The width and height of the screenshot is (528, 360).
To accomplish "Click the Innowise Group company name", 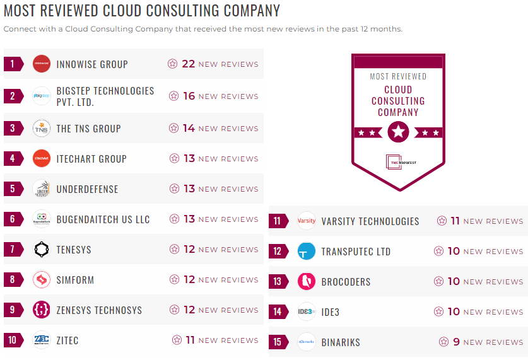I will pyautogui.click(x=92, y=64).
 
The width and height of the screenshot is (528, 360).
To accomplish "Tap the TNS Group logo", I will pyautogui.click(x=42, y=128).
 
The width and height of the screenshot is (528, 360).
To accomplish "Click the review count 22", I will pyautogui.click(x=188, y=64).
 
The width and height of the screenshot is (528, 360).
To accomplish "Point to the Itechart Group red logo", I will pyautogui.click(x=42, y=159).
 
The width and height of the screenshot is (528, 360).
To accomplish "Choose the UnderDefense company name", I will pyautogui.click(x=87, y=189).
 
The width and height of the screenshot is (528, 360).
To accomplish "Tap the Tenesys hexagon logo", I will pyautogui.click(x=42, y=250).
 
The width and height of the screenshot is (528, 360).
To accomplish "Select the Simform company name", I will pyautogui.click(x=75, y=280).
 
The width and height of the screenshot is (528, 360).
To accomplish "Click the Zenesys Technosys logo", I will pyautogui.click(x=42, y=310).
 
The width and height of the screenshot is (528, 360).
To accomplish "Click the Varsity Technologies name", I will pyautogui.click(x=370, y=221).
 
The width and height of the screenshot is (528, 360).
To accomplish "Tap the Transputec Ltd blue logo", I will pyautogui.click(x=307, y=252).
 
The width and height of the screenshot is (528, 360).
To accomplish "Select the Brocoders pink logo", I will pyautogui.click(x=307, y=281).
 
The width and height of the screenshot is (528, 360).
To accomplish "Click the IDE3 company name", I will pyautogui.click(x=331, y=312).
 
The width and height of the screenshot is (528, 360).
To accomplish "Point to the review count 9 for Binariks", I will pyautogui.click(x=456, y=342).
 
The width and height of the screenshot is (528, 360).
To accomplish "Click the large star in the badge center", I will pyautogui.click(x=398, y=132).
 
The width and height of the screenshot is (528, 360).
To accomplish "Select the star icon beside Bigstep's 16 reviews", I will pyautogui.click(x=173, y=96).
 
